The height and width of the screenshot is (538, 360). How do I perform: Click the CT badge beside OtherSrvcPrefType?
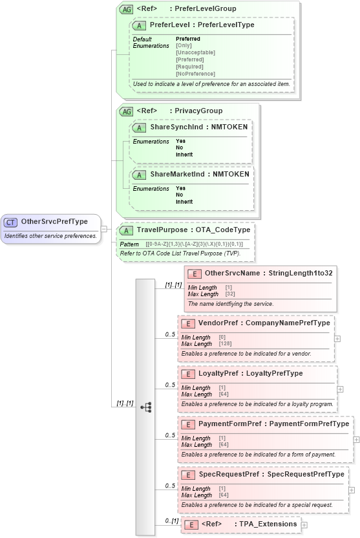[11, 222]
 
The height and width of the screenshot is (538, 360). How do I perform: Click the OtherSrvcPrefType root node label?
[54, 222]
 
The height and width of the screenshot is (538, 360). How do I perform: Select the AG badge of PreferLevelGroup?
[125, 9]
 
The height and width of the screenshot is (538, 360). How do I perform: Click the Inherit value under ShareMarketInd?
[184, 202]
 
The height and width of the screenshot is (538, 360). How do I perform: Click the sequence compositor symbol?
[146, 407]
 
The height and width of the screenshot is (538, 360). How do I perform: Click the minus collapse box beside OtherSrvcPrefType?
[103, 229]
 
